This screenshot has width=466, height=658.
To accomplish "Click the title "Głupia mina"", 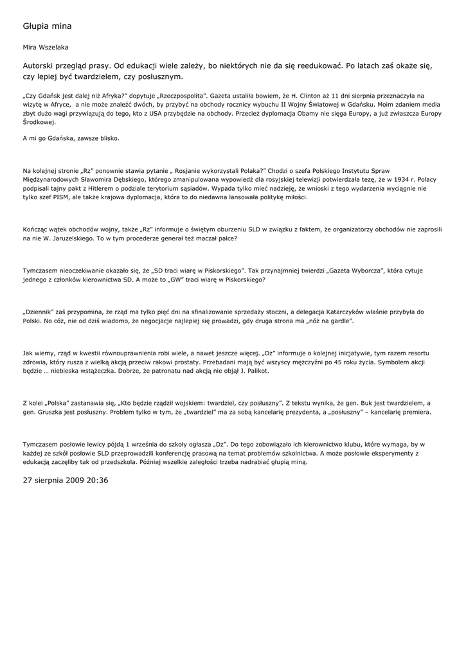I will pos(47,26).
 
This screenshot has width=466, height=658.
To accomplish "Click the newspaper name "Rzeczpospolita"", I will pos(154,95).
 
